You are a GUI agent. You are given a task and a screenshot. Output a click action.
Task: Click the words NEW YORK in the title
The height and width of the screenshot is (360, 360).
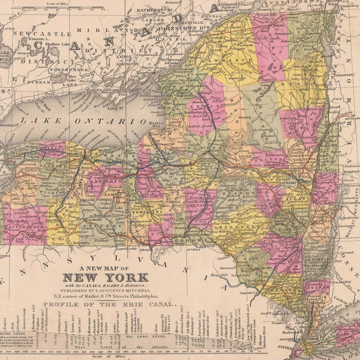(x=106, y=278)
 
